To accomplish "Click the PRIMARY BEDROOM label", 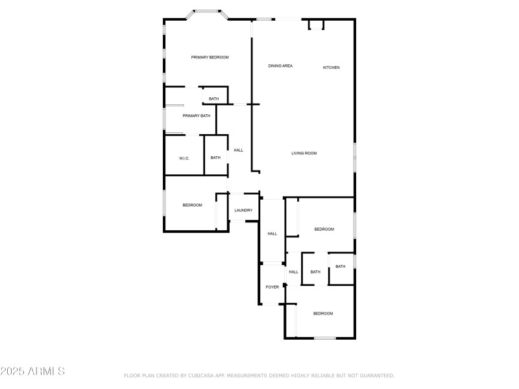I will [x=210, y=58].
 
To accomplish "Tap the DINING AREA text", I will [x=280, y=66].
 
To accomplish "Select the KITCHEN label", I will [x=332, y=68].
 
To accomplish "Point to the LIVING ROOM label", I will [x=304, y=154].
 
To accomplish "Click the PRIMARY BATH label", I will [x=196, y=116].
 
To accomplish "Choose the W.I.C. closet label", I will [x=184, y=159].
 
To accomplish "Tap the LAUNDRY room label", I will [x=243, y=211].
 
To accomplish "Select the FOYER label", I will [x=272, y=287].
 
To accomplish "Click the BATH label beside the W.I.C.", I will [x=215, y=158].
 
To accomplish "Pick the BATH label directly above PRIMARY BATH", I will [x=213, y=99].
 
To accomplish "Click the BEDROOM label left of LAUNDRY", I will [x=192, y=206].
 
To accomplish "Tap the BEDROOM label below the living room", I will [x=324, y=230].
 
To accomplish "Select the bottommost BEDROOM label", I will [x=322, y=314].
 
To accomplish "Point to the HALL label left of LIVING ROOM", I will [x=238, y=150].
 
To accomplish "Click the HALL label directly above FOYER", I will [x=272, y=234].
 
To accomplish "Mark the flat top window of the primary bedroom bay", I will [x=207, y=10].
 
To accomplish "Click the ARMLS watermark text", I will [x=32, y=371].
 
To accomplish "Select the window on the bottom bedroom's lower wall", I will [x=324, y=338].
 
